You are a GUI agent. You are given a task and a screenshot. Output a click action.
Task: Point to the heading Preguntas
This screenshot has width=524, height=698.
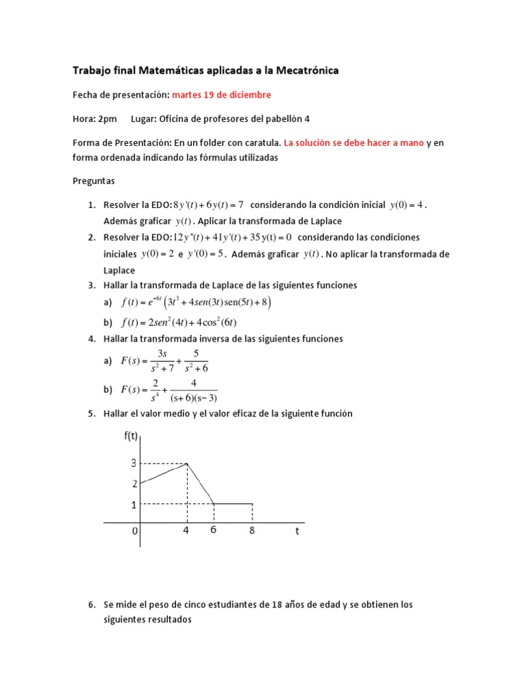(x=93, y=181)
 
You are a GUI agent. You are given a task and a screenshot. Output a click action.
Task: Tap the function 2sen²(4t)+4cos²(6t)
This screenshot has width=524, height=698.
(x=179, y=322)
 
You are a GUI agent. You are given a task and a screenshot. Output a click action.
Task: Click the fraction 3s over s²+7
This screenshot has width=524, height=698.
(x=162, y=361)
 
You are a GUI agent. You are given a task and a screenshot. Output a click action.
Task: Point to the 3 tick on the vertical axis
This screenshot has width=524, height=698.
(x=134, y=464)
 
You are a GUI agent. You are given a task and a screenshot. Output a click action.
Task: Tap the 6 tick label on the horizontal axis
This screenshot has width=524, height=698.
(x=213, y=530)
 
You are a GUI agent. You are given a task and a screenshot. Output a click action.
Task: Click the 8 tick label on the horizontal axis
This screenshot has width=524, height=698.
(x=252, y=531)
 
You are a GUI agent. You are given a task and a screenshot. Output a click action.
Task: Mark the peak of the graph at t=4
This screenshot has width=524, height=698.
(x=187, y=464)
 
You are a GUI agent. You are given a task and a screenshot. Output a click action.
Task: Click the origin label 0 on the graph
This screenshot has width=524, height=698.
(x=135, y=531)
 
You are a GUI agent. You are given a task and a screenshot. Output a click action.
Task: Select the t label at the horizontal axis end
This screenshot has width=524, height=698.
(x=297, y=532)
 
